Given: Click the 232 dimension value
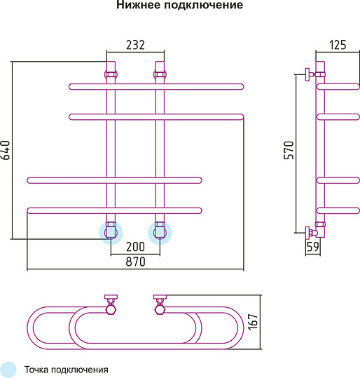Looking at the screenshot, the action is pos(135,45).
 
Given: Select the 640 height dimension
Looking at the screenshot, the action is pos(6,150).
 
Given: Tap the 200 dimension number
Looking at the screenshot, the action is pos(135,247).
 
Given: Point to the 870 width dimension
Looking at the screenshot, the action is pos(135,262).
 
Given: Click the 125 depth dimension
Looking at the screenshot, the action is pos(338,45).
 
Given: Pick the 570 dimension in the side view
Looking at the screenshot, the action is pos(289,150).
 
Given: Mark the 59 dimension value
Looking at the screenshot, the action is pos(313,247).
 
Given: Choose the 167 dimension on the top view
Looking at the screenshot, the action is pos(253,322).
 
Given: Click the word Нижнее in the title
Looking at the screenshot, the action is pos(139,5).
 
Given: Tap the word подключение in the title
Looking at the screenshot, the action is pos(204,6).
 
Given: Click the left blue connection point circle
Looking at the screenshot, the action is pos(111,233).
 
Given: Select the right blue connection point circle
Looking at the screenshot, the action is pos(160,233).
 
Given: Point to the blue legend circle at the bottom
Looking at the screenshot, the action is pos(8,370).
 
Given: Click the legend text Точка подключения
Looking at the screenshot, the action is pos(67,370).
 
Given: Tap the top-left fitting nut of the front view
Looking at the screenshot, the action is pos(111,74).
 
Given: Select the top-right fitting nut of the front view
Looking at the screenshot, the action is pos(160,74).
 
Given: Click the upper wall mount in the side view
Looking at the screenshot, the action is pos(310,74).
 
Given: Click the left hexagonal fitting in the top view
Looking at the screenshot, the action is pos(111,309).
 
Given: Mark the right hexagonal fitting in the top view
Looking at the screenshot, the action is pos(160,309).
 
